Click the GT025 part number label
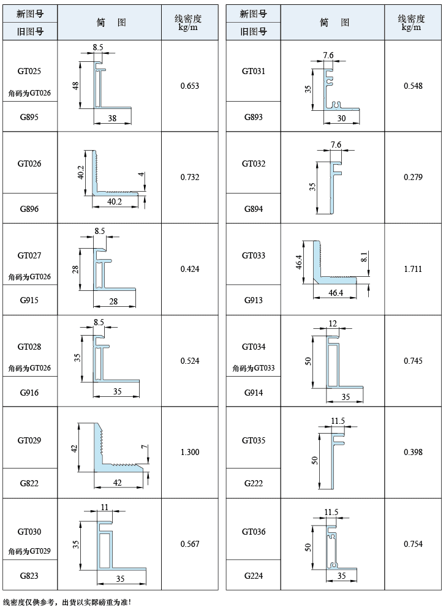[29, 71]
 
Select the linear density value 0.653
[189, 86]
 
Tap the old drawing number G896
[29, 209]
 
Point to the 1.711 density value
[413, 269]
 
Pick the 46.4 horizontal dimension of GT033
[336, 293]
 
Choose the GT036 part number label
[254, 532]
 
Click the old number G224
[254, 576]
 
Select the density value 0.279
[413, 178]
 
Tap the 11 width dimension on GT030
[104, 507]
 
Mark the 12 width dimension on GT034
[333, 323]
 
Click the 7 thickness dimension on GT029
[145, 446]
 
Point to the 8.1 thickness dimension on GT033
[364, 257]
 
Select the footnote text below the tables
[67, 603]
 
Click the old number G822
[29, 484]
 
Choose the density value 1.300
[189, 452]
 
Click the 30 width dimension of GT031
[341, 118]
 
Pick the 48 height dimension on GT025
[75, 86]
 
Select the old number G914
[254, 393]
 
